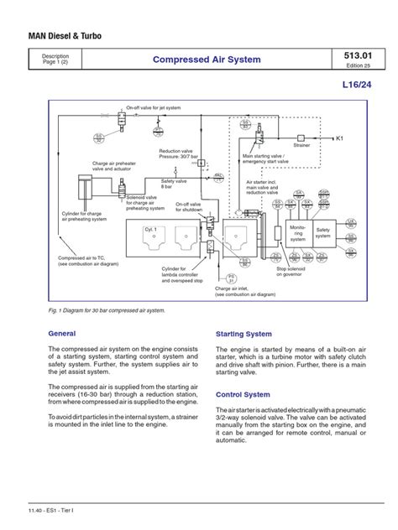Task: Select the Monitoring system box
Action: (x=298, y=231)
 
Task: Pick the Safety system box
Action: (x=323, y=231)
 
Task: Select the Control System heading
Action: (x=244, y=392)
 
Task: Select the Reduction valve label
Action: (x=180, y=153)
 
